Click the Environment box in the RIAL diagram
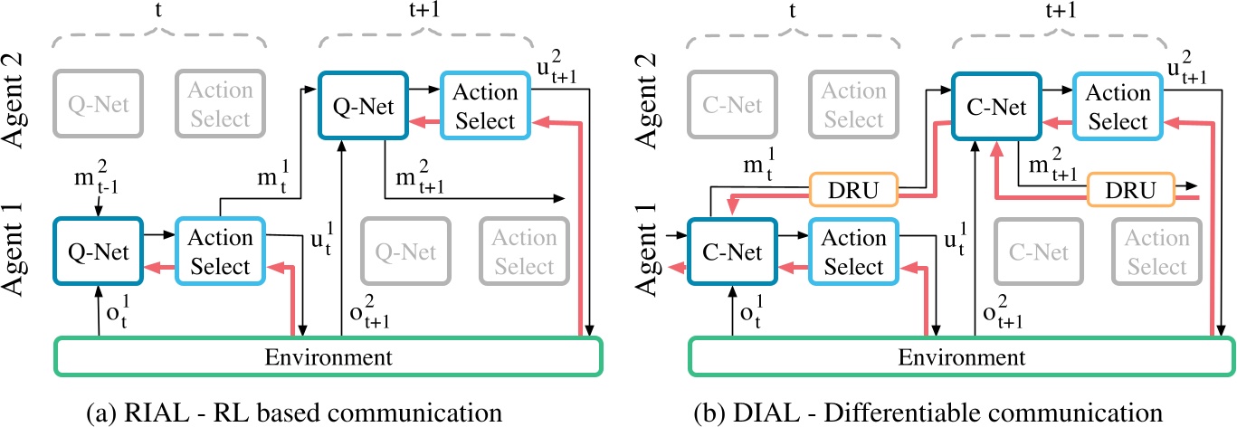328,356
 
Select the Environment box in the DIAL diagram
961,356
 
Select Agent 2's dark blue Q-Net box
359,106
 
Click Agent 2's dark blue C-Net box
993,106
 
